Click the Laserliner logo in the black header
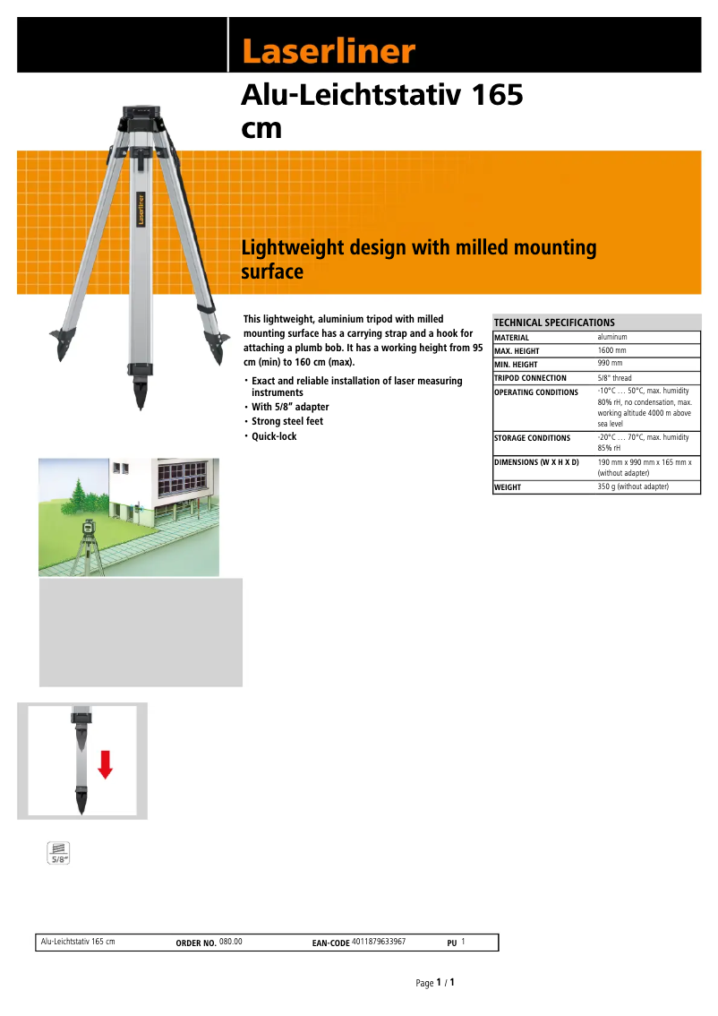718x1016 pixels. [329, 52]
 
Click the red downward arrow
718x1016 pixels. [106, 763]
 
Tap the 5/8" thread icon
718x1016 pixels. [59, 853]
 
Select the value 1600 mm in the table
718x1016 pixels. [612, 350]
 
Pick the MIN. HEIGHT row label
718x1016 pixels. [516, 365]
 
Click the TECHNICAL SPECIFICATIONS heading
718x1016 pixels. [554, 323]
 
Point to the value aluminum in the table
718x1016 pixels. [612, 337]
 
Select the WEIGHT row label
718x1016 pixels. [508, 487]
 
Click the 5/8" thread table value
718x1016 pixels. [615, 378]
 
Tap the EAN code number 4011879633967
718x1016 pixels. [379, 942]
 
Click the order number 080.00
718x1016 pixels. [231, 942]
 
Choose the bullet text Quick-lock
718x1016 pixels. [274, 436]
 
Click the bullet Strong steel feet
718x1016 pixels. [287, 421]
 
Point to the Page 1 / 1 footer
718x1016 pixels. [436, 983]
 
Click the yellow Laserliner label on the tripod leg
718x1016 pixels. [141, 208]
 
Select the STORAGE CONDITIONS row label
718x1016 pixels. [532, 438]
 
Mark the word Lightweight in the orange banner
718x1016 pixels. [293, 247]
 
